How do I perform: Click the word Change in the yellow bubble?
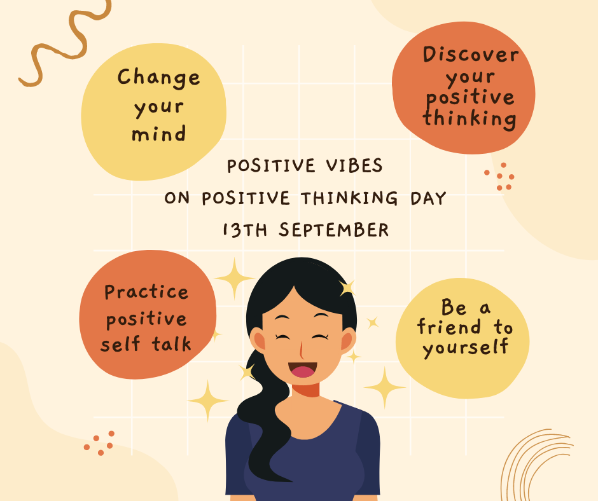pos(158,78)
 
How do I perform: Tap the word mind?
pos(158,134)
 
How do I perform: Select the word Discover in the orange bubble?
pos(471,55)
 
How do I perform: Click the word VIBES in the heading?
pos(354,166)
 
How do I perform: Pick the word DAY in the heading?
pos(428,198)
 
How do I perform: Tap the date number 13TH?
pos(245,230)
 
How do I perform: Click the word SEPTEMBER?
pos(334,230)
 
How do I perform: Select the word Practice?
pos(146,292)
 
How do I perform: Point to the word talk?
pos(172,343)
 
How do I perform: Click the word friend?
pos(449,327)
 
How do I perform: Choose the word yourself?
pos(465,347)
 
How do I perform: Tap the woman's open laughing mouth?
pos(302,369)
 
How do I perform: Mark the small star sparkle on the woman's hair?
pos(347,288)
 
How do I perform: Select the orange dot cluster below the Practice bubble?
pos(99,443)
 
